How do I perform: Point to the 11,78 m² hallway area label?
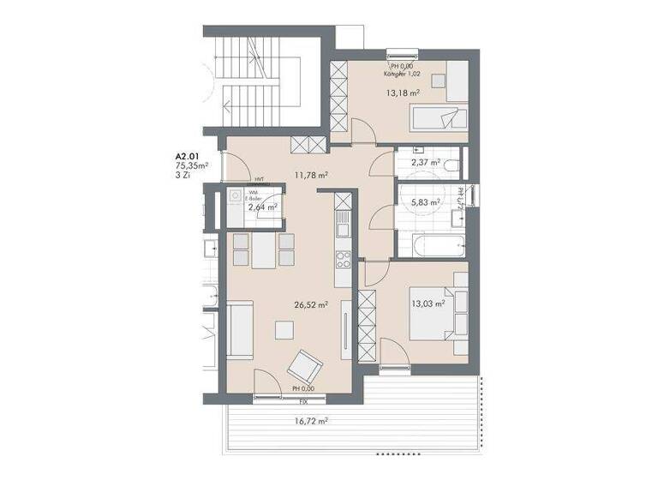[312, 175]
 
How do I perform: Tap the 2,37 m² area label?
[426, 161]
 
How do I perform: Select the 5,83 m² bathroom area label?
[426, 202]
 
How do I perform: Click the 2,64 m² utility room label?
[262, 207]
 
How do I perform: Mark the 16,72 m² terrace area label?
[313, 421]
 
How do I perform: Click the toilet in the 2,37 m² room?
[453, 161]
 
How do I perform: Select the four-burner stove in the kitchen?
[343, 261]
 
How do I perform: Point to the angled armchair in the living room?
[302, 367]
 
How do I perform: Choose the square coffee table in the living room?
[283, 328]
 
